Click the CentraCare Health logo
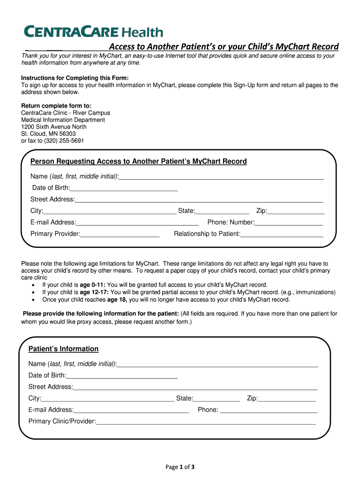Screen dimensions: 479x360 pyautogui.click(x=94, y=32)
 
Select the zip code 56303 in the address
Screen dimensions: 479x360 pyautogui.click(x=65, y=133)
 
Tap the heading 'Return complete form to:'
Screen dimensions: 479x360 pyautogui.click(x=56, y=106)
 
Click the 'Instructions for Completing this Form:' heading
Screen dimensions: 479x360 pyautogui.click(x=74, y=78)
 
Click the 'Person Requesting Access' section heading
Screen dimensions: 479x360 pyautogui.click(x=138, y=161)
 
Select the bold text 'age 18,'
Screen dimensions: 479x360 pyautogui.click(x=117, y=300)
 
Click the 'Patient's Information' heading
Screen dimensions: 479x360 pyautogui.click(x=64, y=349)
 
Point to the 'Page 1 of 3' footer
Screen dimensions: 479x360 pyautogui.click(x=180, y=467)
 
